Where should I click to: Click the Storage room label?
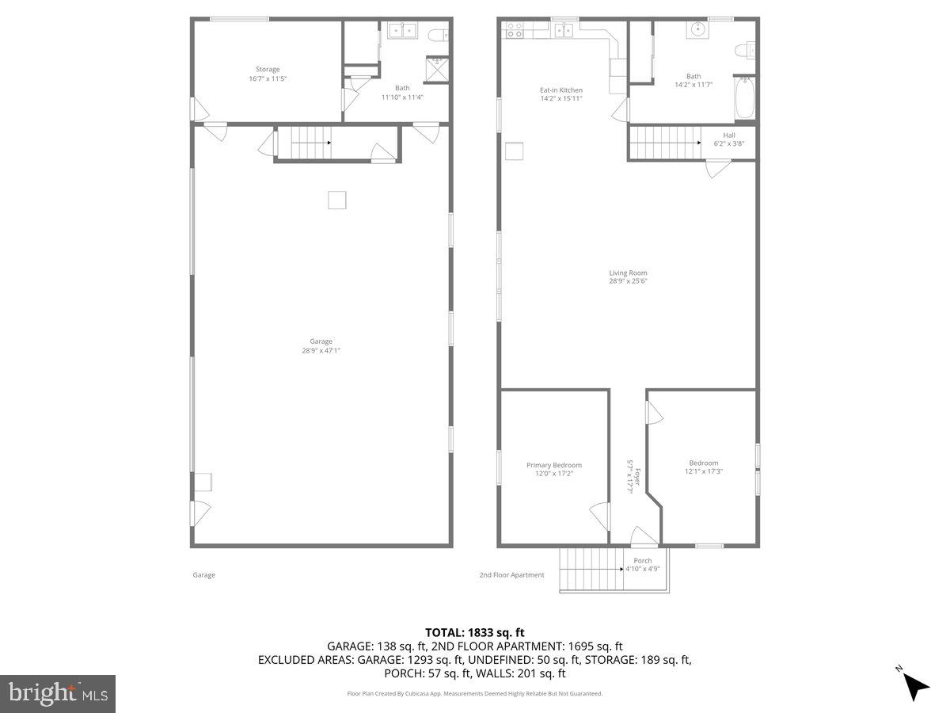pyautogui.click(x=268, y=74)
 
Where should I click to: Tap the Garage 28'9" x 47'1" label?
pyautogui.click(x=321, y=346)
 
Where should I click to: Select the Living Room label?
pyautogui.click(x=628, y=276)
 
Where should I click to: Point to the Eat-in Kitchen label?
pyautogui.click(x=561, y=94)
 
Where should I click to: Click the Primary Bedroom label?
pyautogui.click(x=554, y=469)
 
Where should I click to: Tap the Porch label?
pyautogui.click(x=643, y=564)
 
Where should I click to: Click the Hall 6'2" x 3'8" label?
pyautogui.click(x=728, y=139)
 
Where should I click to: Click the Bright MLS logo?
pyautogui.click(x=58, y=694)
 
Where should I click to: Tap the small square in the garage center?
pyautogui.click(x=337, y=200)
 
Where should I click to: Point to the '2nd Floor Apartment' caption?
pyautogui.click(x=511, y=575)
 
